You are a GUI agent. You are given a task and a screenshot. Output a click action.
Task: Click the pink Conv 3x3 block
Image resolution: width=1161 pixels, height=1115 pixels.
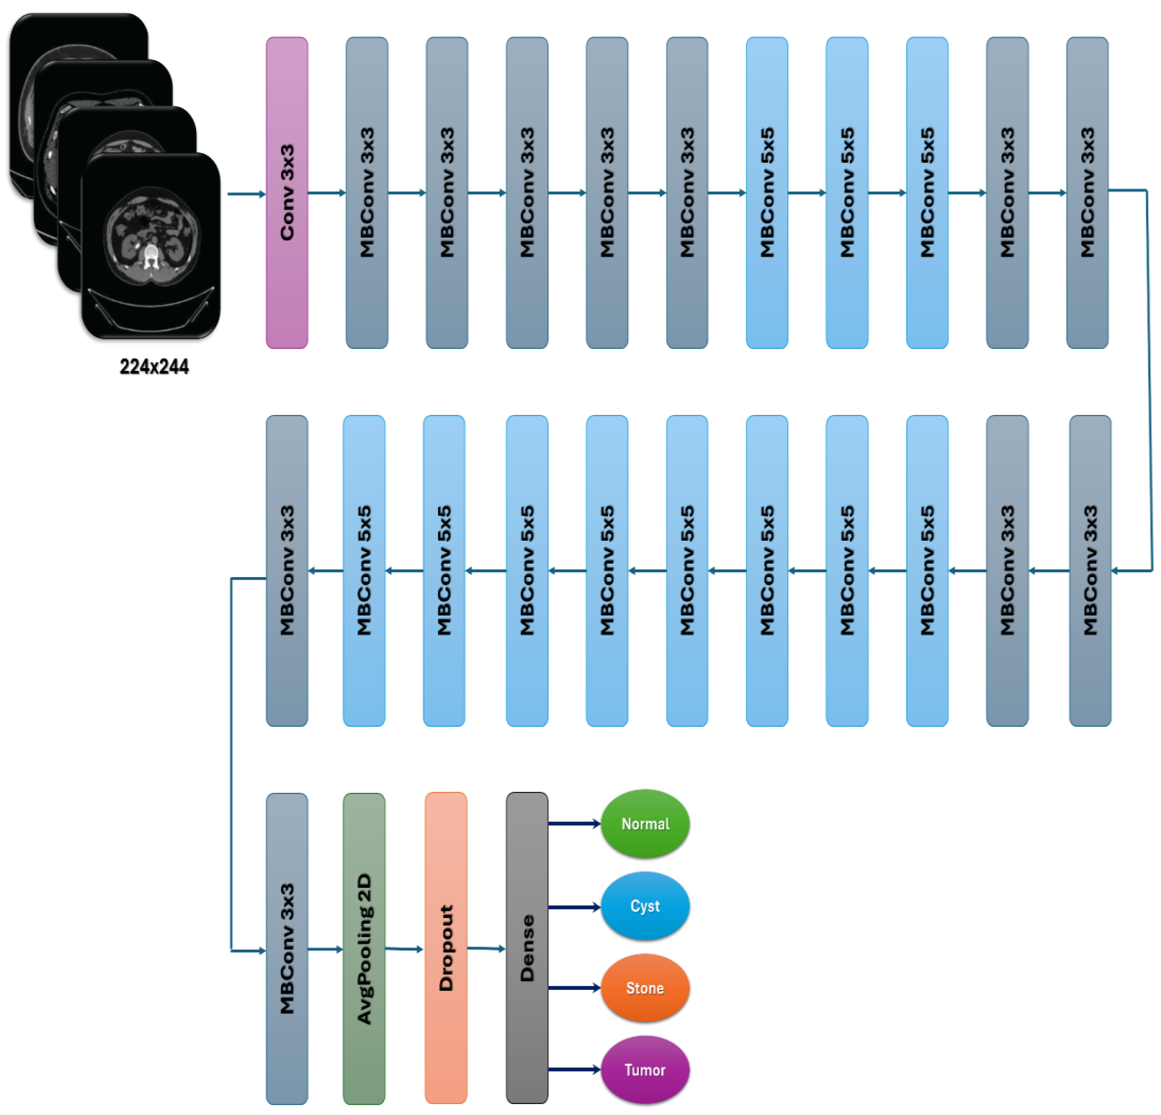coord(287,192)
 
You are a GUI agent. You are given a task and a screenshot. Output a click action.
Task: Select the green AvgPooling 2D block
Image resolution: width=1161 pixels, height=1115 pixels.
coord(364,948)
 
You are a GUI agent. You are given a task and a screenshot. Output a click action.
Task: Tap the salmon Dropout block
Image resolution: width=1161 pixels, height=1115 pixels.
coord(445,948)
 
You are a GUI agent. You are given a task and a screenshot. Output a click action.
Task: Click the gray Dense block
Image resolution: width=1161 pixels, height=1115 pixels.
coord(527,948)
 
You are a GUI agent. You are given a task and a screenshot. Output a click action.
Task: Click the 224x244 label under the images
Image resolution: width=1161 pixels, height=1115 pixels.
coord(154,367)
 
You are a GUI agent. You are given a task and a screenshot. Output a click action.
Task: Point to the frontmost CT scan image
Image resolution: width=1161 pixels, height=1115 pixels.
coord(151,246)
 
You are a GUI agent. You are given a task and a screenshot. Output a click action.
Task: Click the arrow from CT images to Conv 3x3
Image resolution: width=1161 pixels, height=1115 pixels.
coord(246,194)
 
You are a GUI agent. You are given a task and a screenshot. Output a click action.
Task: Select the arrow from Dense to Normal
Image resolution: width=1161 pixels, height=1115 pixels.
coord(573,824)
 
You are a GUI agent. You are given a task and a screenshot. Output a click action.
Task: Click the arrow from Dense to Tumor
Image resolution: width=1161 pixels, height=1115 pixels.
coord(573,1069)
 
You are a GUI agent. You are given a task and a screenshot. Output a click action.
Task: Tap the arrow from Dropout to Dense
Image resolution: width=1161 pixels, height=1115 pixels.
coord(486,948)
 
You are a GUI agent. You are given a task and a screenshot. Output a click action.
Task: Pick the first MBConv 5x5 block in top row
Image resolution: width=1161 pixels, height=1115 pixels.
coord(766,192)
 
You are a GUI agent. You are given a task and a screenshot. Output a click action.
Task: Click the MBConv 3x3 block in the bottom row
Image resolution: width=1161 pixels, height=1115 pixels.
coord(287,948)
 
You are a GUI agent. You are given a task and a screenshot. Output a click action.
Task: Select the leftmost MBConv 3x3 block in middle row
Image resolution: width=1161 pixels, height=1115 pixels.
coord(287,570)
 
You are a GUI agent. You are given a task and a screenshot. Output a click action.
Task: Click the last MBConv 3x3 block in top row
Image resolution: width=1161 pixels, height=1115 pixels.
coord(1087,192)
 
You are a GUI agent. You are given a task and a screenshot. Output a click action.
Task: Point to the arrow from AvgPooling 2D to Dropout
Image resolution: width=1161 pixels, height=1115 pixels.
coord(404,948)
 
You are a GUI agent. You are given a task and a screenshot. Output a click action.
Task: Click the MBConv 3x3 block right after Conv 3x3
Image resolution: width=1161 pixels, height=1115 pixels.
coord(367,192)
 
